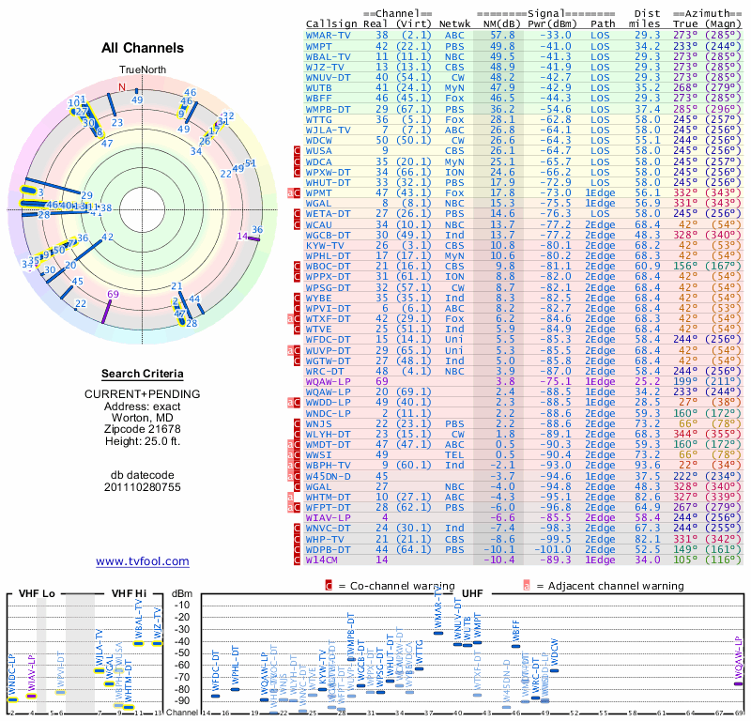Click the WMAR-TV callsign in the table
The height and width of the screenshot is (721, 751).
pyautogui.click(x=329, y=34)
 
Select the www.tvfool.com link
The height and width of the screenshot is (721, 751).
pyautogui.click(x=143, y=561)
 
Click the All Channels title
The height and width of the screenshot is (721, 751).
pyautogui.click(x=144, y=48)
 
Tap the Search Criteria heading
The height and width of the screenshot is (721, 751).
pyautogui.click(x=143, y=374)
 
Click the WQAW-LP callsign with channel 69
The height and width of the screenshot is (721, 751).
pyautogui.click(x=328, y=382)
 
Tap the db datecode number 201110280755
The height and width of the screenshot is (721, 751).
pyautogui.click(x=144, y=487)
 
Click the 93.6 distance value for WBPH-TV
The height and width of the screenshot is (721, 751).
pyautogui.click(x=648, y=465)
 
